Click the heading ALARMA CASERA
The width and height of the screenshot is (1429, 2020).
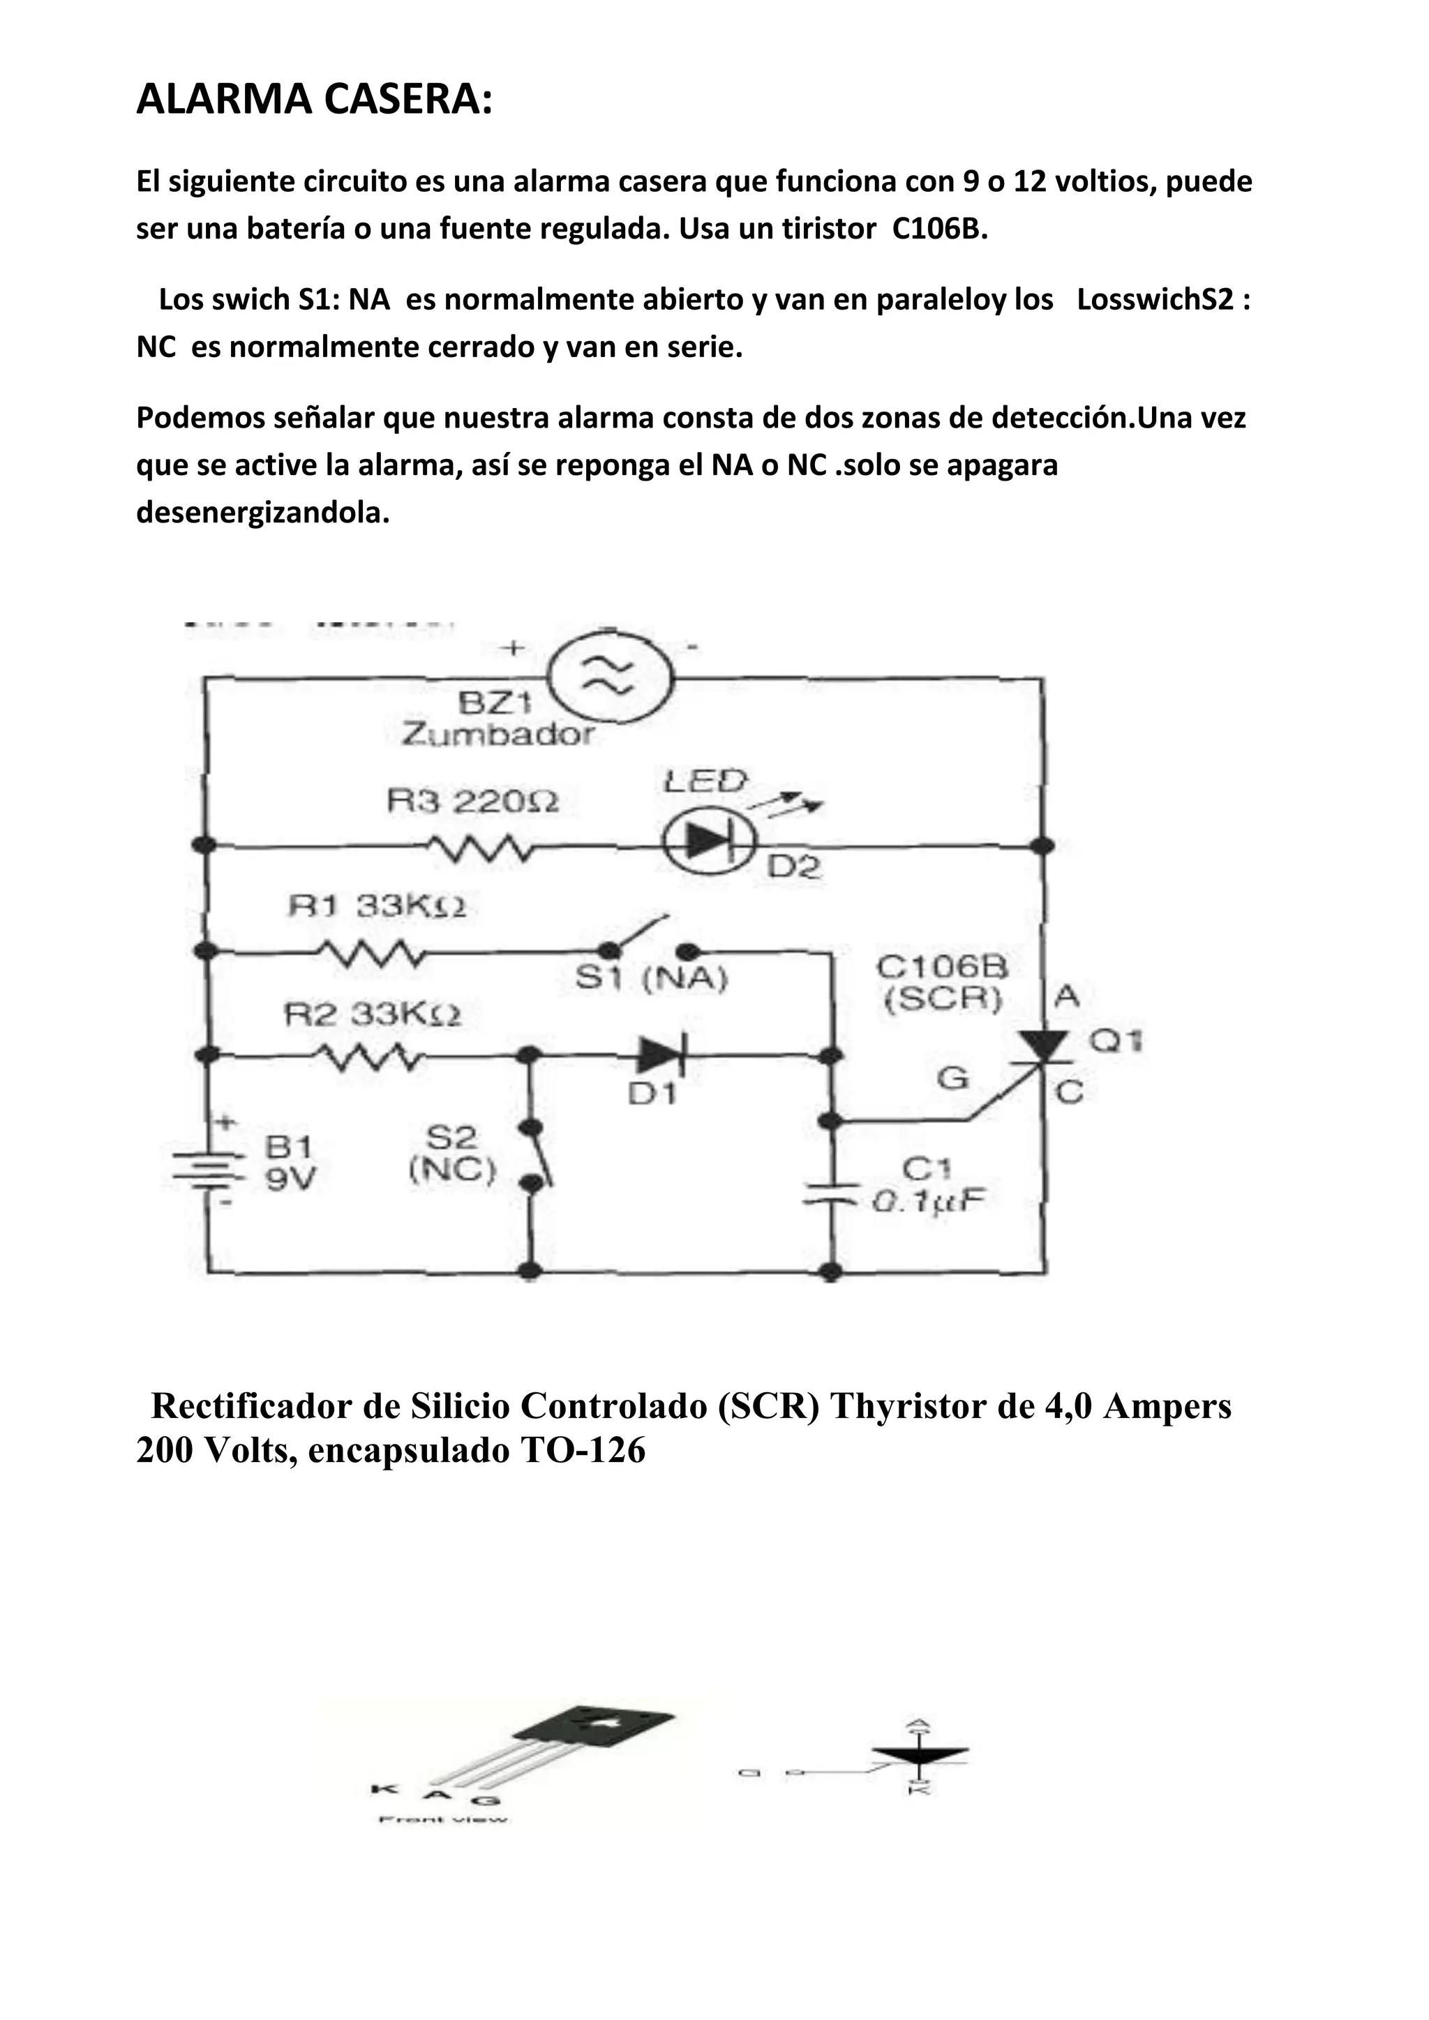[x=314, y=100]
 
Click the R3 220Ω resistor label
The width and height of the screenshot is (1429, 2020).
[x=472, y=802]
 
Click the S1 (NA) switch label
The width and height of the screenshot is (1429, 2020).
[x=651, y=979]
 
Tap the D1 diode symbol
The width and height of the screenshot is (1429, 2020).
[x=661, y=1055]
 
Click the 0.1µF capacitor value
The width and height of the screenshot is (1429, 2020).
[x=927, y=1202]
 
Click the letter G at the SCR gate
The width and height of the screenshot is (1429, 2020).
[x=953, y=1078]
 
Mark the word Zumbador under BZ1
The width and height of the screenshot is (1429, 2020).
[x=498, y=734]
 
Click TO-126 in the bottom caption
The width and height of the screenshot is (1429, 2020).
[x=583, y=1451]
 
